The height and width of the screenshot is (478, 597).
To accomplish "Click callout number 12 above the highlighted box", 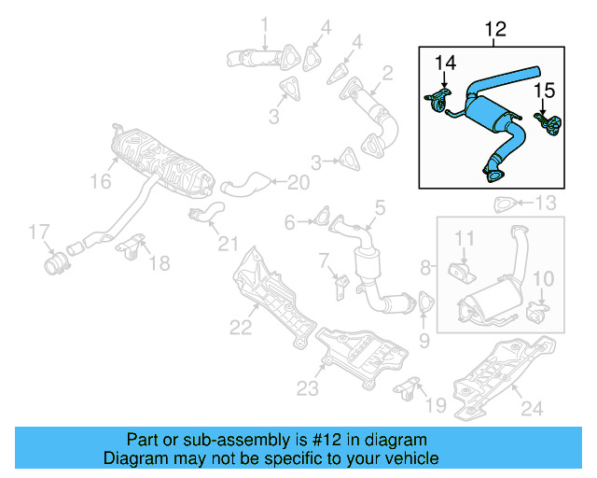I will pos(494,30).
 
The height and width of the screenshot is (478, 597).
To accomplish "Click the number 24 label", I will pos(530,407).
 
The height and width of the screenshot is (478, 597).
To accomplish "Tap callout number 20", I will pos(297,181).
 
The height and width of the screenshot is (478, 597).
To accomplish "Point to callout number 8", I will pos(426,268).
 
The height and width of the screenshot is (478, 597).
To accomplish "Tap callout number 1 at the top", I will pos(264,24).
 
